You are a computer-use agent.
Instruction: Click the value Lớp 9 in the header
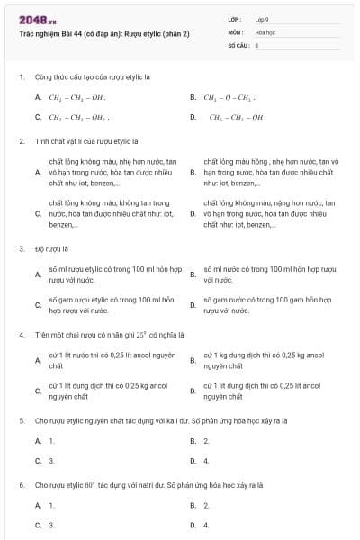coord(262,19)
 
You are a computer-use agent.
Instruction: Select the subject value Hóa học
coord(264,31)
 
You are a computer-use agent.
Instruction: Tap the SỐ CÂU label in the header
coord(237,44)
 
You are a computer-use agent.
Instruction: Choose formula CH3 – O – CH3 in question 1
coord(229,97)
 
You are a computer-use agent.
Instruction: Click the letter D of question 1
coord(193,117)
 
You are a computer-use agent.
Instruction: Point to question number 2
coord(21,141)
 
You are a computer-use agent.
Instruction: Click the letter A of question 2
coord(38,171)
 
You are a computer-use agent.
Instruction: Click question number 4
coord(21,334)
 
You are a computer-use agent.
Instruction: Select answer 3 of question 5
coord(52,460)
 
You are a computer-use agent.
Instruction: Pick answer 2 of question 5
coord(207,441)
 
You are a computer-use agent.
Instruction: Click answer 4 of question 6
coord(207,524)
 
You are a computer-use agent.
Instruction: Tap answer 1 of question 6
coord(52,506)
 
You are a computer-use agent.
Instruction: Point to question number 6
coord(21,485)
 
